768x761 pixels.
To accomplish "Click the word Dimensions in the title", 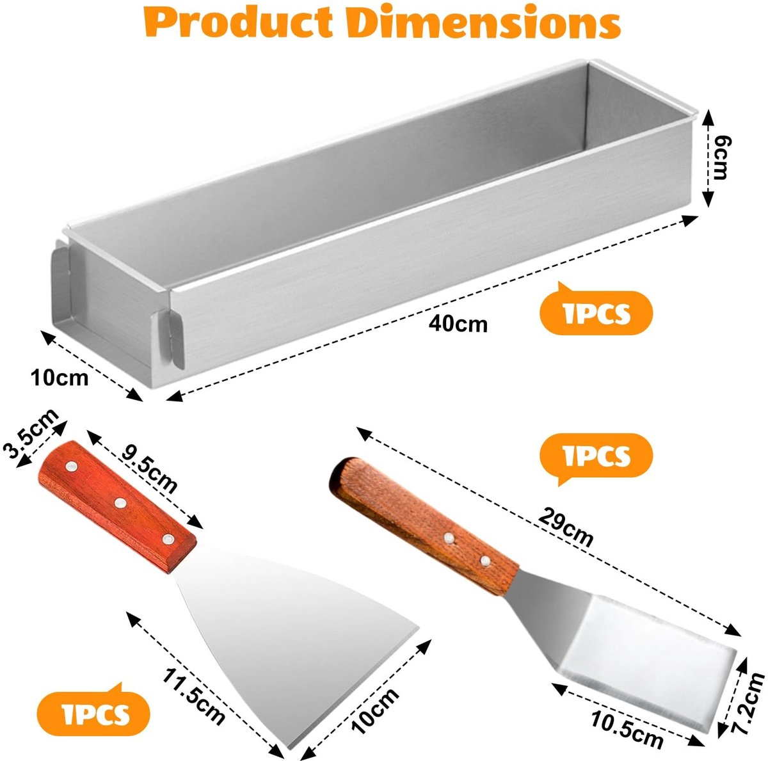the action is (483, 22).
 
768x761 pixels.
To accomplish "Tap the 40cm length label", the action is (458, 324).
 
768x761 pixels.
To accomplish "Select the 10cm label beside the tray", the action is (60, 377).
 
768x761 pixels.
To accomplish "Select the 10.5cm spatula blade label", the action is (627, 730).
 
